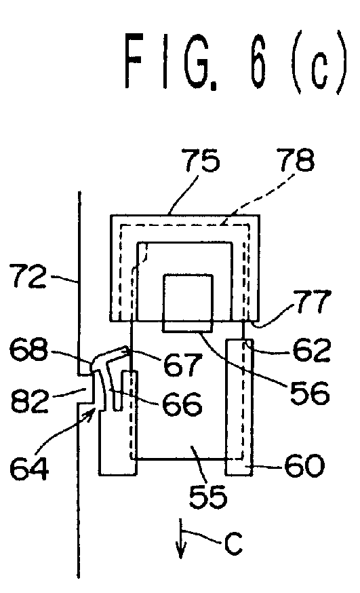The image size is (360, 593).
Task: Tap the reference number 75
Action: [201, 160]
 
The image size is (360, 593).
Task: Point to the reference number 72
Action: [30, 275]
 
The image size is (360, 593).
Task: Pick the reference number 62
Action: [312, 350]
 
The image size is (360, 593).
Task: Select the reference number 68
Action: [28, 349]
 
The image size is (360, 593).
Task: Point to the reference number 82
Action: [30, 400]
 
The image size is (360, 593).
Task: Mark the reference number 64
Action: [29, 468]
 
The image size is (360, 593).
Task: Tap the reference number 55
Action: [208, 496]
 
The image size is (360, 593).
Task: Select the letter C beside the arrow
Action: [233, 544]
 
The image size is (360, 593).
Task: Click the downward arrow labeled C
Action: [181, 538]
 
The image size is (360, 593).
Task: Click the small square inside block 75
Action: [188, 303]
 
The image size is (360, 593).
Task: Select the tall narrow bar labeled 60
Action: [239, 407]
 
